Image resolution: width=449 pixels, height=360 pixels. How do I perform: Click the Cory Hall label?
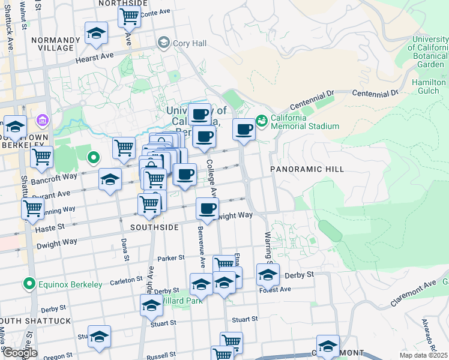pos(189,43)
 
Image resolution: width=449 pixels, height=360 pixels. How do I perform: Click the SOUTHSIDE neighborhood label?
pos(155,228)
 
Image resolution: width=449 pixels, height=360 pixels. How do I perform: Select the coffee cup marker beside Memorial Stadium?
pos(244,130)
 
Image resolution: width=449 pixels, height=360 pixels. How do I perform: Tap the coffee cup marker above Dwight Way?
pos(208,209)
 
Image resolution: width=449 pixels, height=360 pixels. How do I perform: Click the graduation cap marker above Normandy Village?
pos(95,34)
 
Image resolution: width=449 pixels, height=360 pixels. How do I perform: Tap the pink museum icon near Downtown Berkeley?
pos(41,121)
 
